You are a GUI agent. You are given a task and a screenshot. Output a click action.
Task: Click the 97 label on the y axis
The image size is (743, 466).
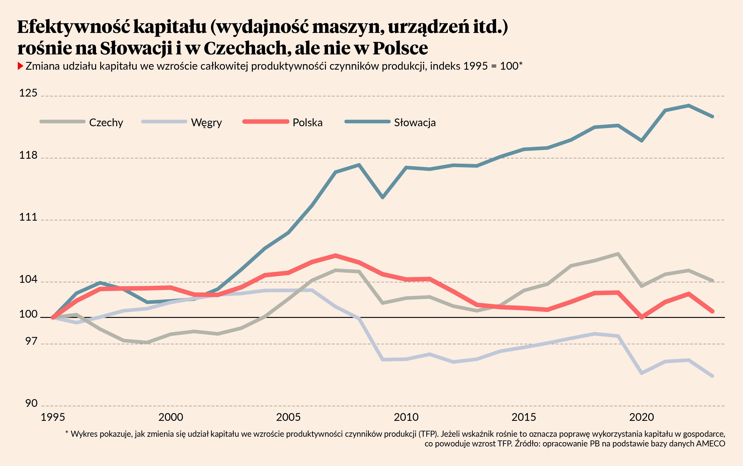pos(31,341)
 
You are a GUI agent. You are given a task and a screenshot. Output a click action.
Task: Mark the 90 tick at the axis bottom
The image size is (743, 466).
pos(31,403)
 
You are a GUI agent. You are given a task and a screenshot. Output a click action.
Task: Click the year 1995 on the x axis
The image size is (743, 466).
pos(53,417)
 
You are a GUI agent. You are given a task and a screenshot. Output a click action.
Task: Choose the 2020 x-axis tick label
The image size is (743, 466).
pos(641,417)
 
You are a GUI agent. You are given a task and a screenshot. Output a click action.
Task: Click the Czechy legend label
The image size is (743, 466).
pos(106,123)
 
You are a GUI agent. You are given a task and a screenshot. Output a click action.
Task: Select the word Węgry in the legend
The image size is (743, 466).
pos(206,123)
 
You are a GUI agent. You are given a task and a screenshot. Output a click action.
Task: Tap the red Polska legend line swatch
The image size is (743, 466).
pos(266,121)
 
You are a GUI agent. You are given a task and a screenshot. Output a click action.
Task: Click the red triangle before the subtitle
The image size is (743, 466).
pos(20,66)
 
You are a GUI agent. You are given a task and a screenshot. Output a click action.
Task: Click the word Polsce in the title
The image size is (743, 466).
pos(400,48)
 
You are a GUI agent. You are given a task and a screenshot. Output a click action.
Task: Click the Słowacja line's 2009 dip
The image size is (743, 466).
pos(383,197)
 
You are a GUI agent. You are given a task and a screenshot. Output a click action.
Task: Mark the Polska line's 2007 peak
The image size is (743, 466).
pos(336,255)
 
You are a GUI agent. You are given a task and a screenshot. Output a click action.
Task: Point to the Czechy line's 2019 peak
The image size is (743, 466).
pos(618,254)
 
